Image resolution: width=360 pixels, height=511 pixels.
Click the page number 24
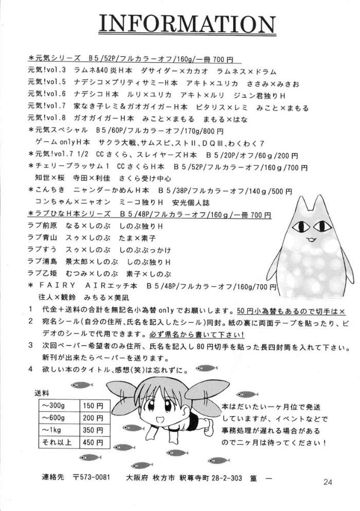pyautogui.click(x=329, y=482)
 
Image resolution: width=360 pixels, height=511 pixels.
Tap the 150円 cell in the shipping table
pyautogui.click(x=93, y=406)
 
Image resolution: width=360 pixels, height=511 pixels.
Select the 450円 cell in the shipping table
pyautogui.click(x=93, y=442)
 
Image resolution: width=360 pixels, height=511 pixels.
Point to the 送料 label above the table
pyautogui.click(x=42, y=393)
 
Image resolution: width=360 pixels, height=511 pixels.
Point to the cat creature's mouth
pyautogui.click(x=311, y=239)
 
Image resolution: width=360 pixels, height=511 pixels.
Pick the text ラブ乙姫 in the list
pyautogui.click(x=42, y=273)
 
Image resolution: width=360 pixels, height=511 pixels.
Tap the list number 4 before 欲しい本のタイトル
pyautogui.click(x=30, y=368)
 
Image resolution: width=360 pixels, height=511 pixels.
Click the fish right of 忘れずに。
pyautogui.click(x=207, y=368)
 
